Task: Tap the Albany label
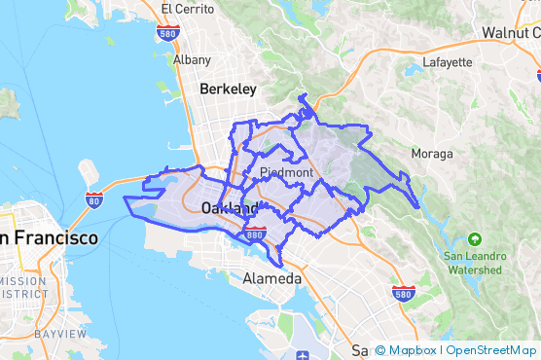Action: pyautogui.click(x=191, y=59)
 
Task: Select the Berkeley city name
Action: pyautogui.click(x=228, y=89)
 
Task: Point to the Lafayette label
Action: pyautogui.click(x=448, y=62)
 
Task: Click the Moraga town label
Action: pyautogui.click(x=432, y=154)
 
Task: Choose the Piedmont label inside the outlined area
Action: pyautogui.click(x=286, y=173)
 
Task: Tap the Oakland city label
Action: pyautogui.click(x=230, y=209)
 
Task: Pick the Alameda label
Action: pyautogui.click(x=271, y=278)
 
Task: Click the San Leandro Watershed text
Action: pyautogui.click(x=474, y=263)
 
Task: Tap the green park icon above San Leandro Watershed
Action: pyautogui.click(x=474, y=238)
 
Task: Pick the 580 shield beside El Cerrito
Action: pyautogui.click(x=166, y=32)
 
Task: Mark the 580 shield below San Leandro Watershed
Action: pyautogui.click(x=404, y=292)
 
